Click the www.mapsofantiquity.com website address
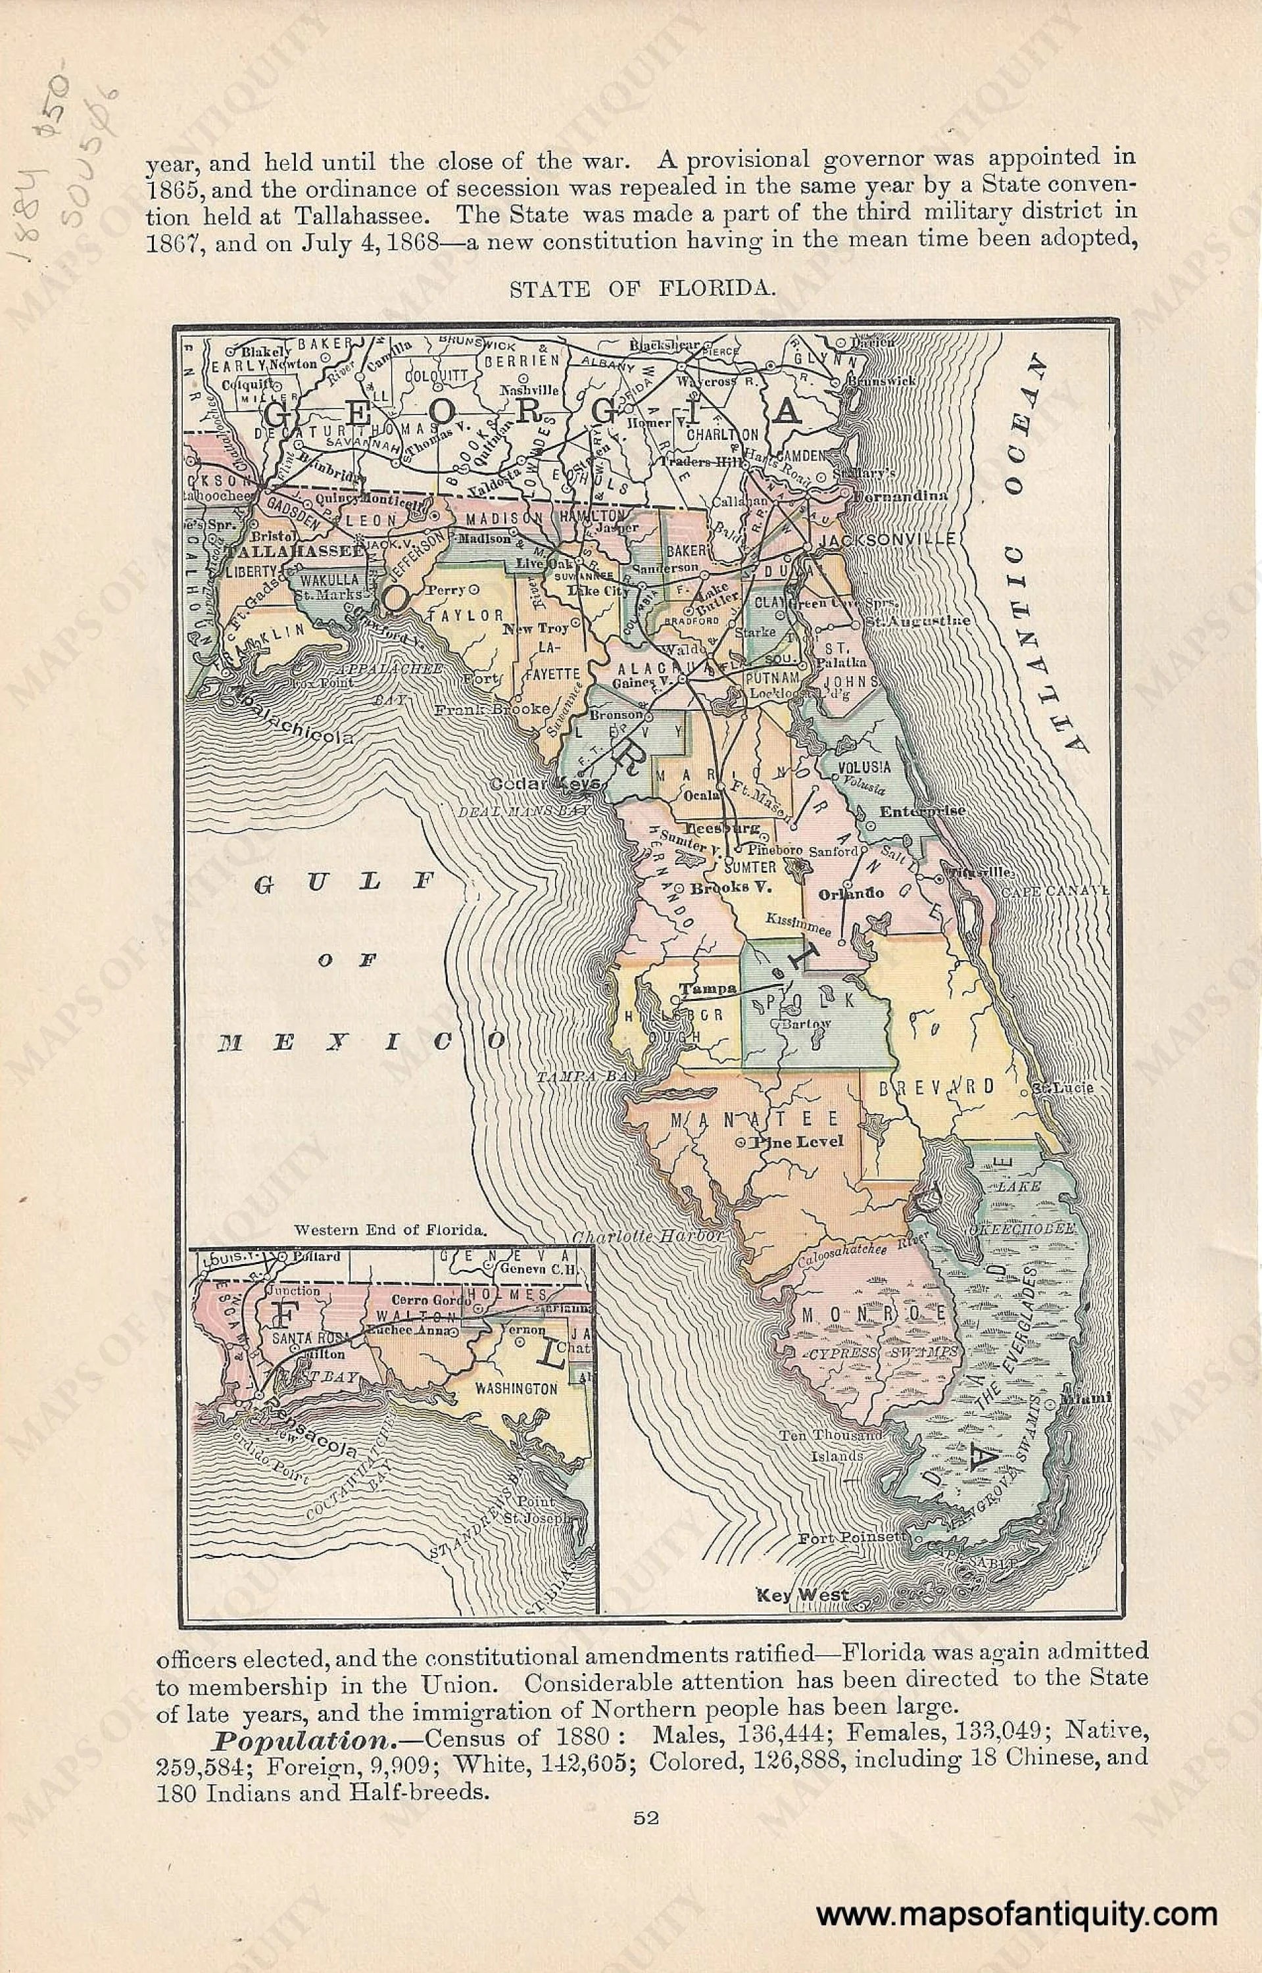pos(1016,1909)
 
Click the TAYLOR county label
pos(474,614)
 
